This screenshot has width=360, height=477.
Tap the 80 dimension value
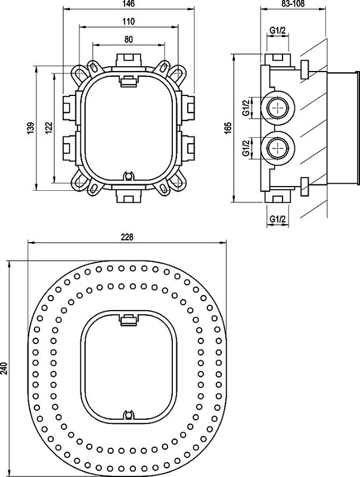(129, 39)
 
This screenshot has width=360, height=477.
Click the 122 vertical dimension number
(48, 127)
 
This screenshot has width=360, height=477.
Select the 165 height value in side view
(227, 128)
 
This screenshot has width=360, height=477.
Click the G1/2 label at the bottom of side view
(278, 219)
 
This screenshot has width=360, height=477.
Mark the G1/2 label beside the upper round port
(245, 108)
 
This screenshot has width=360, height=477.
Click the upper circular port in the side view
(278, 108)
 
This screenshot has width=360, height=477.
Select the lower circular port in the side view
(278, 147)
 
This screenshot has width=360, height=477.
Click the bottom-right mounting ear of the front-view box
(178, 184)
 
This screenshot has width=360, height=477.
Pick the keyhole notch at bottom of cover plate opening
(128, 414)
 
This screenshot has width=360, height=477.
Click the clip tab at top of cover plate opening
(128, 320)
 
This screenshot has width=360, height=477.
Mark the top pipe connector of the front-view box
(128, 60)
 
